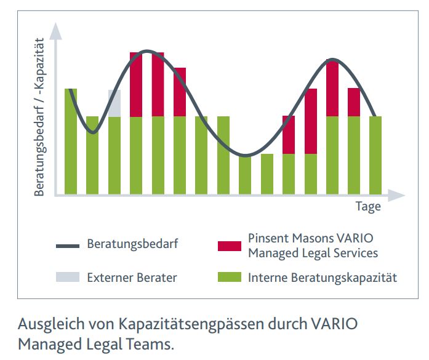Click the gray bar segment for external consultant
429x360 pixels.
(x=114, y=103)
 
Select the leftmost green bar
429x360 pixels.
(x=71, y=142)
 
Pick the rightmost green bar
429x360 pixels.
(x=375, y=155)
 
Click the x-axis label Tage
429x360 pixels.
(x=368, y=206)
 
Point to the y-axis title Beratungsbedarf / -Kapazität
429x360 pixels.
(x=39, y=117)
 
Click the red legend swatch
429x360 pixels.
(x=230, y=246)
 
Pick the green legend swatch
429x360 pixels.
(x=230, y=278)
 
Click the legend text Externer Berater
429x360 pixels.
(x=132, y=278)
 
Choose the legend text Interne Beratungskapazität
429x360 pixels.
(x=323, y=278)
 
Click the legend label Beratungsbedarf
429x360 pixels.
(x=132, y=244)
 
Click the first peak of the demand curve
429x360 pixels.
(x=146, y=51)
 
